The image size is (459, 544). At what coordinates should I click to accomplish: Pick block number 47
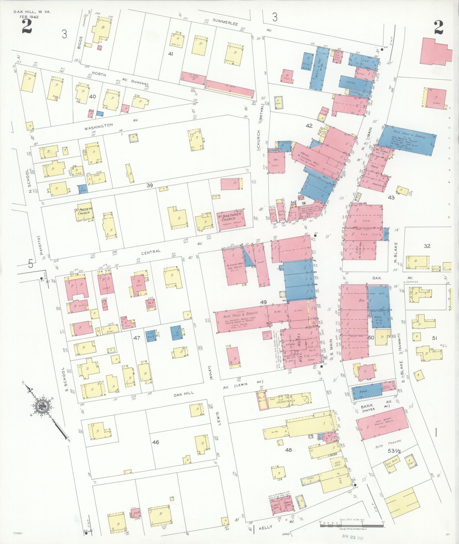137,338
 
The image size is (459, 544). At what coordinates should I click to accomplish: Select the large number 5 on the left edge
31,264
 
